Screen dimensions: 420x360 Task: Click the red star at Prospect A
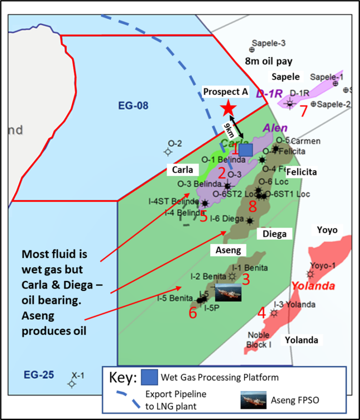coord(228,108)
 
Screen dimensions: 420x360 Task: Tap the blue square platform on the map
coord(245,150)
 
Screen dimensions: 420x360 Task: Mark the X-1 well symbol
coord(71,384)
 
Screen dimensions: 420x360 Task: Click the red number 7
coord(304,111)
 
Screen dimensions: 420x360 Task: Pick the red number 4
coord(262,312)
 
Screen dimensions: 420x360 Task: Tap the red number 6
coord(193,313)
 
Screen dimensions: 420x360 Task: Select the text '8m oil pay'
coord(269,61)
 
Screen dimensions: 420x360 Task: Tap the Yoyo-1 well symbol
coord(310,273)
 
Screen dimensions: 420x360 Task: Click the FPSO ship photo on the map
coord(228,292)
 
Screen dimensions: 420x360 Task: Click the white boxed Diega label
coord(275,233)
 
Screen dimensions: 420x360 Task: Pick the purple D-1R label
coord(267,93)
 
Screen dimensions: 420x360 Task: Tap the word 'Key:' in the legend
coord(123,377)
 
